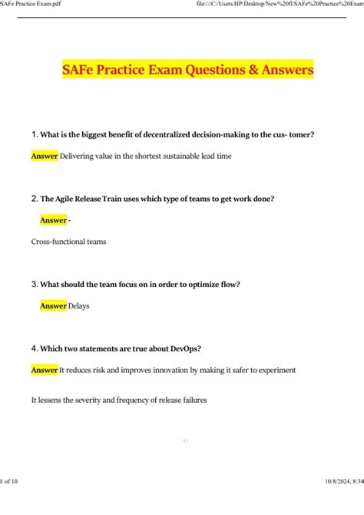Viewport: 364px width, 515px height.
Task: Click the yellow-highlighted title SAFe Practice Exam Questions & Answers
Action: [x=187, y=70]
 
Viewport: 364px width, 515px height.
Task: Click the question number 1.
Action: [x=35, y=135]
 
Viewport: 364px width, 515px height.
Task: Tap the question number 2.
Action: [x=35, y=199]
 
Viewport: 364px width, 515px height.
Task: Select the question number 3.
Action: [x=35, y=284]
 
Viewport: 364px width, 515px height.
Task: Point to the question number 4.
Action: [x=35, y=348]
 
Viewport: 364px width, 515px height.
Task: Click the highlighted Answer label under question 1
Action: [x=45, y=157]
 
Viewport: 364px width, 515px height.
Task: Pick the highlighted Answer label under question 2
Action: [x=54, y=220]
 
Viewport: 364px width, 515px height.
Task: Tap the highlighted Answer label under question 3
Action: [x=54, y=305]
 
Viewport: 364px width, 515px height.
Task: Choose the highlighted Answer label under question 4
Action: [x=45, y=370]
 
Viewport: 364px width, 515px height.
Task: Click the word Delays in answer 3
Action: [x=79, y=305]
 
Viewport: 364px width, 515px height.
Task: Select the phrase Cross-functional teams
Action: [x=68, y=242]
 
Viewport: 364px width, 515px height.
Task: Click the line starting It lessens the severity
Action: [x=119, y=400]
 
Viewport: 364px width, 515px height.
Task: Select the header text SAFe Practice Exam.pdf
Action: [x=31, y=5]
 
